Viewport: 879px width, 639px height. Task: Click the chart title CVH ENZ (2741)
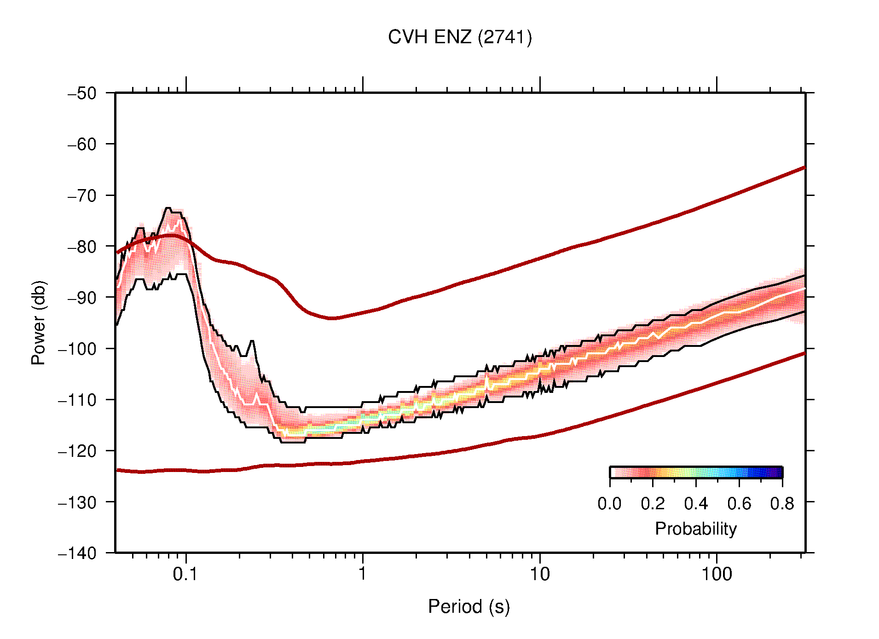(x=459, y=37)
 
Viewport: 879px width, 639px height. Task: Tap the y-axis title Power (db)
(x=39, y=322)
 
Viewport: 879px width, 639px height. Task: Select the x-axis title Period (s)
(x=468, y=607)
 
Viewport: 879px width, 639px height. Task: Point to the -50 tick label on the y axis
(x=82, y=93)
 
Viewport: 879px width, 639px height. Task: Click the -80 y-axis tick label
(x=82, y=247)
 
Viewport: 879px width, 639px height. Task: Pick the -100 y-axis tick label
(x=77, y=349)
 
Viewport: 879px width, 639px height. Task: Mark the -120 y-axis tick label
(x=77, y=451)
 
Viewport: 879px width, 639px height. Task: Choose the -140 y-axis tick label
(x=77, y=553)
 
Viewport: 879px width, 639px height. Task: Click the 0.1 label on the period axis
(x=185, y=574)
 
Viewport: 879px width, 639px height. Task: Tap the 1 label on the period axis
(x=363, y=574)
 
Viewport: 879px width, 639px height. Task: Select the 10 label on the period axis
(x=539, y=574)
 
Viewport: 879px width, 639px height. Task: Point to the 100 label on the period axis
(x=716, y=574)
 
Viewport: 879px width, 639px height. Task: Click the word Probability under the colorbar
(x=695, y=529)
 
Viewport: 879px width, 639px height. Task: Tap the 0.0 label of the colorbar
(x=609, y=504)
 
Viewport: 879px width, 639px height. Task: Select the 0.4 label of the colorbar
(x=696, y=504)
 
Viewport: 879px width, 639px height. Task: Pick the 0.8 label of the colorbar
(x=782, y=504)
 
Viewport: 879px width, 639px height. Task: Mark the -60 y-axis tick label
(x=82, y=144)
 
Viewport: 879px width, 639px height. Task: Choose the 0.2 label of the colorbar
(x=653, y=504)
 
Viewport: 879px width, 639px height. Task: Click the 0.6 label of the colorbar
(x=739, y=504)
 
